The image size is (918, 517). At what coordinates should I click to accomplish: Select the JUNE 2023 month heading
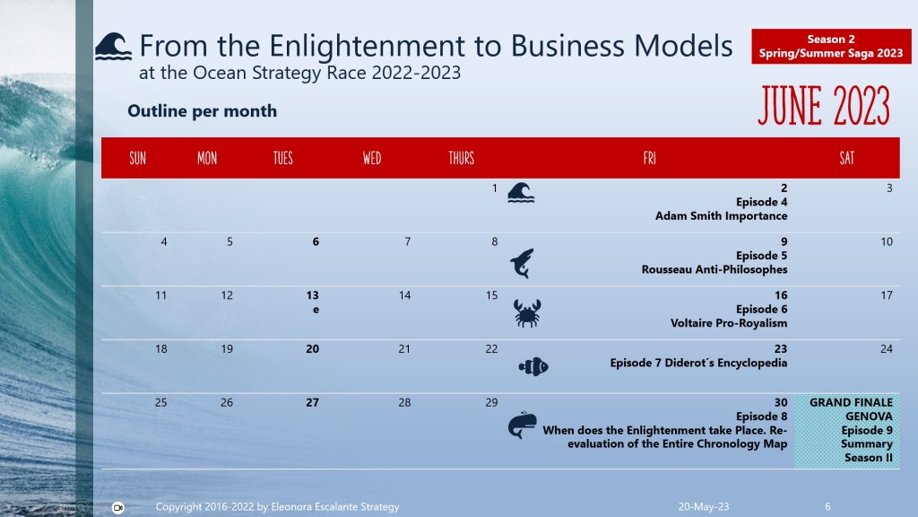click(x=823, y=107)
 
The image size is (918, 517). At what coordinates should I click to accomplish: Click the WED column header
click(x=372, y=158)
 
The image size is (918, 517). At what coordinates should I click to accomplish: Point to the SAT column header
click(x=846, y=158)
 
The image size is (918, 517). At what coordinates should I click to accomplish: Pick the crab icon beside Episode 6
click(x=526, y=313)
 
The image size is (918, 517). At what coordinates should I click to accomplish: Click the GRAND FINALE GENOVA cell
click(x=847, y=431)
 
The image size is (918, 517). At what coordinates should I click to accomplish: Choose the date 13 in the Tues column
click(x=312, y=295)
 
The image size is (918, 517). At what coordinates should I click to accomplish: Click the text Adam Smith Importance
click(x=721, y=216)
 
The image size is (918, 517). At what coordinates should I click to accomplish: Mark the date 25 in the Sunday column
click(x=160, y=403)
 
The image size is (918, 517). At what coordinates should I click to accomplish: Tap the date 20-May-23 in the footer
click(x=704, y=507)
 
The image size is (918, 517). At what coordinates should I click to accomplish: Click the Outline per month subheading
click(x=202, y=111)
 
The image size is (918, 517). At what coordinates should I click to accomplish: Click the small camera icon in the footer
click(x=117, y=507)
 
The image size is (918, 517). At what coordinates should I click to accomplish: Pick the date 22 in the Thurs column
click(x=491, y=349)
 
